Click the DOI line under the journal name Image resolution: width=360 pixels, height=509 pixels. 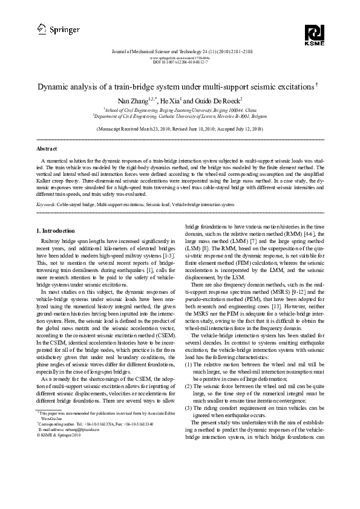[180, 62]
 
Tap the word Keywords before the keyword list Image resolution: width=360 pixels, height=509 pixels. [47, 205]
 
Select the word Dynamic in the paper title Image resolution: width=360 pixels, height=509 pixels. [57, 88]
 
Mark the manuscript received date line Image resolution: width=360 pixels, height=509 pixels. [180, 129]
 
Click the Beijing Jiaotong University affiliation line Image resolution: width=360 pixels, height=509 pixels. [180, 111]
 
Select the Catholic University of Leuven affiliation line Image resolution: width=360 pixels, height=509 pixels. [180, 117]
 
